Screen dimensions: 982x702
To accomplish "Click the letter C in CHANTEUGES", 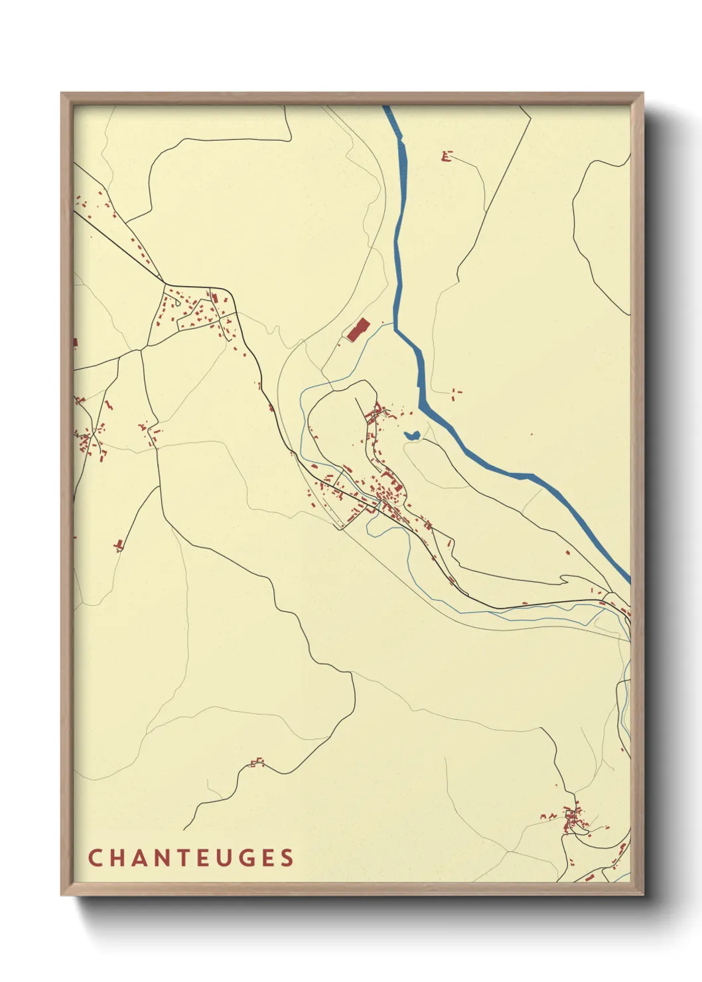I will pyautogui.click(x=94, y=858).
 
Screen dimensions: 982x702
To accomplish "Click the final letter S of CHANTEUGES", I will pyautogui.click(x=287, y=858).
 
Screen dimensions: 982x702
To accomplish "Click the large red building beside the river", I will pyautogui.click(x=358, y=330).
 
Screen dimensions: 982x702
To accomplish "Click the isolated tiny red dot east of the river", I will pyautogui.click(x=531, y=435).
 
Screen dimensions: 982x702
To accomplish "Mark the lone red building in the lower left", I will pyautogui.click(x=119, y=545).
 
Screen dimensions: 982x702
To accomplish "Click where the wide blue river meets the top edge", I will pyautogui.click(x=386, y=107).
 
